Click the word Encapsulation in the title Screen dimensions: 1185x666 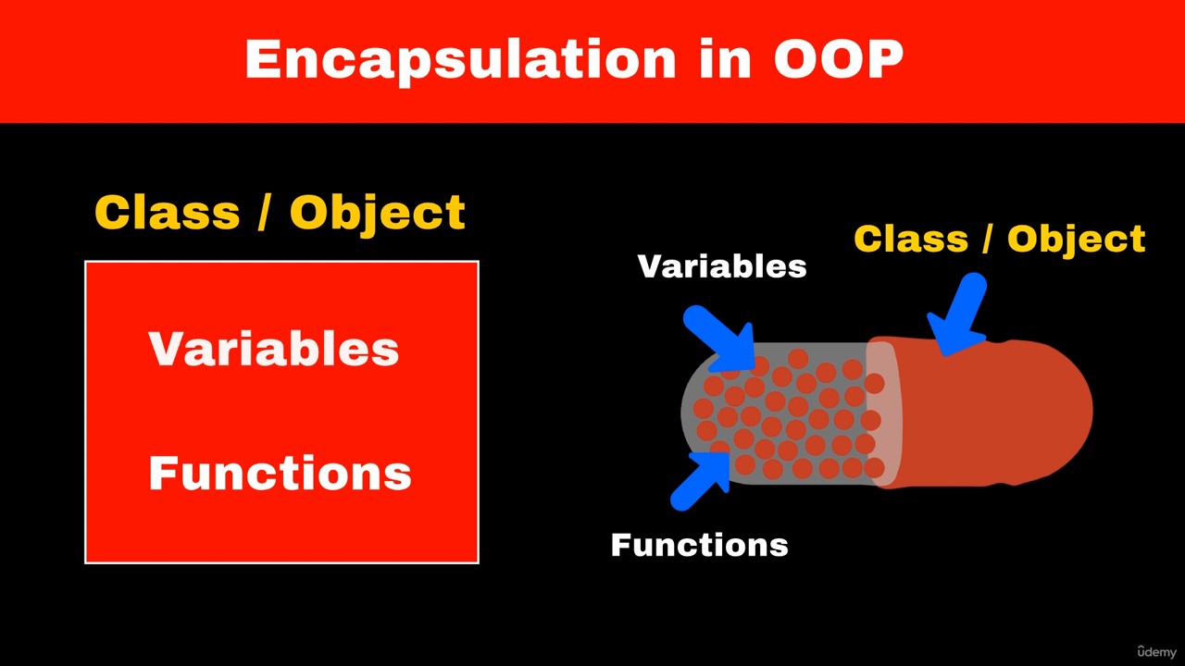click(x=460, y=60)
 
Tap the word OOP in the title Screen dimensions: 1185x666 click(x=839, y=58)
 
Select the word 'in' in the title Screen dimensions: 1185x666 click(x=725, y=58)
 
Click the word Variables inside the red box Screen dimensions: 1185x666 click(x=273, y=349)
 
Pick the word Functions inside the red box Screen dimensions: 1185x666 click(x=280, y=472)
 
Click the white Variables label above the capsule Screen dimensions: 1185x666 click(x=722, y=265)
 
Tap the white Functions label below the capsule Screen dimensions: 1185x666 click(x=699, y=545)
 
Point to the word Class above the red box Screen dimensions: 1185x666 click(x=168, y=212)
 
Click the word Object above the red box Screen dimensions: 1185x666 click(x=378, y=214)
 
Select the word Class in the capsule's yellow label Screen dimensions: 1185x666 click(x=911, y=239)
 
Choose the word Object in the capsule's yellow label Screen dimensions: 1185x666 click(x=1076, y=240)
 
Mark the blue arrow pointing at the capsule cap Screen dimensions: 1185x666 click(x=958, y=315)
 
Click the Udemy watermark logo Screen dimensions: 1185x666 click(x=1157, y=652)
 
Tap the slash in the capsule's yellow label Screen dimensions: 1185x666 click(x=987, y=240)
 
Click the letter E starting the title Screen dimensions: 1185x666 click(x=264, y=58)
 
